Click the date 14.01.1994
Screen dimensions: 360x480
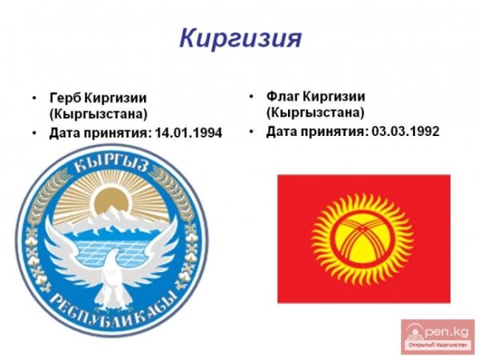(x=190, y=133)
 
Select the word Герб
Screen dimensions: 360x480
(x=64, y=98)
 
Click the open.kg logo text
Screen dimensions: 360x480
(x=441, y=329)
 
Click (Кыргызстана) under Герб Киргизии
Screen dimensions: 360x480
(x=88, y=114)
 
